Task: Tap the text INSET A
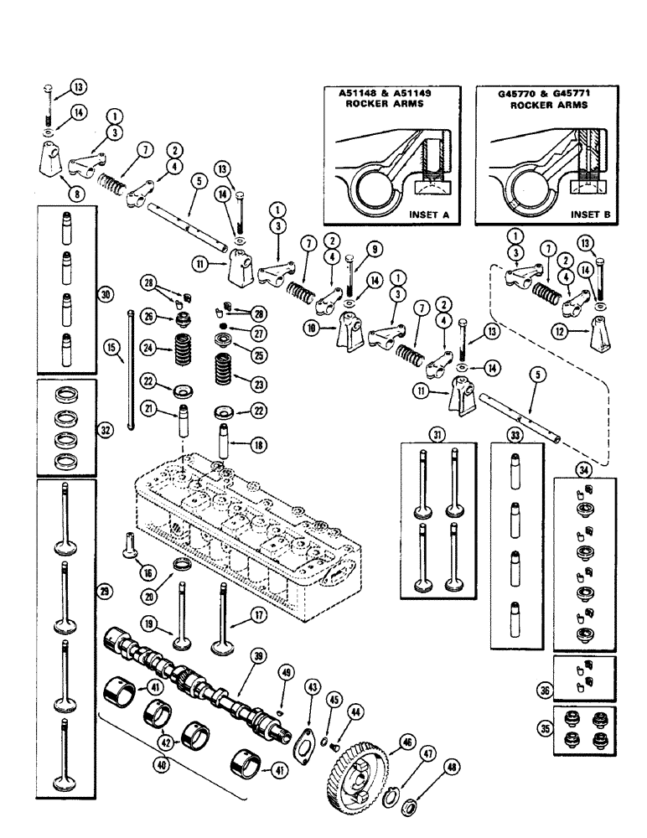(x=427, y=215)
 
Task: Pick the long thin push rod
(x=129, y=369)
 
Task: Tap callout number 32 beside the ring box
(x=105, y=429)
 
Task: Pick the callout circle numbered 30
(x=105, y=294)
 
